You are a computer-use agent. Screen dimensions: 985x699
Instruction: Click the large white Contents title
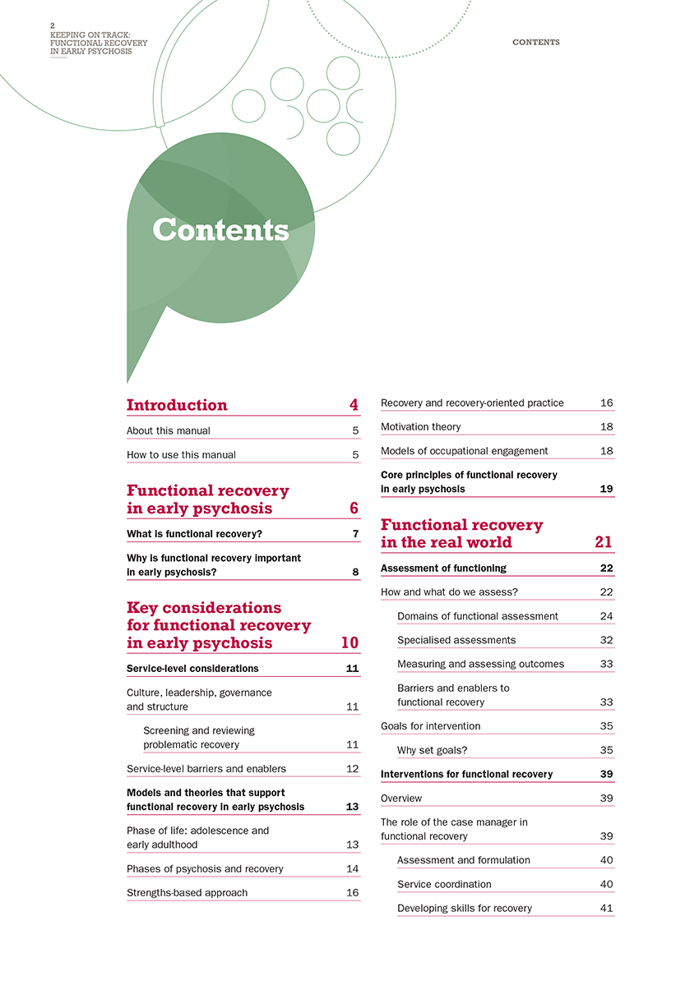[x=220, y=230]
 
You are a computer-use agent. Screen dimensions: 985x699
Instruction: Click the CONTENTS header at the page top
[x=535, y=42]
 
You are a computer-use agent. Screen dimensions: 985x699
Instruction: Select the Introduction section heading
[x=177, y=405]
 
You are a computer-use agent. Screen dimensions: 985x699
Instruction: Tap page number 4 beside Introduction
[x=354, y=405]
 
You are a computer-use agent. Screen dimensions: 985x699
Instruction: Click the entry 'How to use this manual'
[x=181, y=454]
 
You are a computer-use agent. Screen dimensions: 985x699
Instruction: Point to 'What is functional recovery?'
[x=194, y=534]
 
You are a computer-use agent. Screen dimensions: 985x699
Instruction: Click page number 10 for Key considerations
[x=349, y=642]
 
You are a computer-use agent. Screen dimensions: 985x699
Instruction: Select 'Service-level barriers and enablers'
[x=206, y=769]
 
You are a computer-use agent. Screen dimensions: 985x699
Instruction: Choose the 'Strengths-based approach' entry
[x=187, y=892]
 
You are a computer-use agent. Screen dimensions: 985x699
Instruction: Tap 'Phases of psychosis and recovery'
[x=205, y=868]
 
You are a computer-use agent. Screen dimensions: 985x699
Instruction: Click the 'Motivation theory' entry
[x=420, y=426]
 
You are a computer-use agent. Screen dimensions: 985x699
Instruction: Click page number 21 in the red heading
[x=603, y=542]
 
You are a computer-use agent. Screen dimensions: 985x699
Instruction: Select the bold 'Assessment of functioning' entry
[x=443, y=568]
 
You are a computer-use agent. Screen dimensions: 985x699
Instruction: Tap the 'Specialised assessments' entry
[x=456, y=640]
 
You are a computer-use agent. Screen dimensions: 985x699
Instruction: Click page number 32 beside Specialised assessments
[x=607, y=640]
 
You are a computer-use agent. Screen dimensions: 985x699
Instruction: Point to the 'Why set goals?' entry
[x=432, y=750]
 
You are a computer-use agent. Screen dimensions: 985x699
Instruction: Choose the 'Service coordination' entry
[x=444, y=884]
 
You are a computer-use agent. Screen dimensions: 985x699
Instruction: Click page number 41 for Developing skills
[x=607, y=908]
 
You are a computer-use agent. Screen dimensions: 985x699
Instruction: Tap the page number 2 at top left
[x=53, y=25]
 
